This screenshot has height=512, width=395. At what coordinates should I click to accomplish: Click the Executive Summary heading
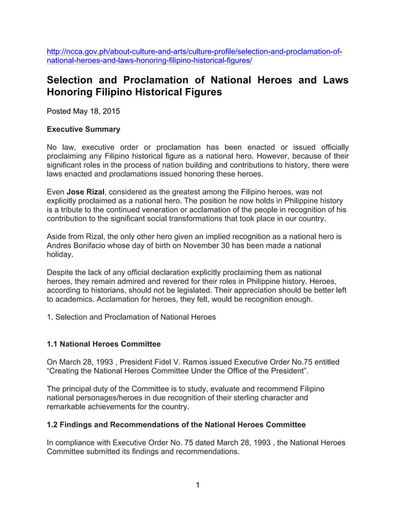[x=84, y=130]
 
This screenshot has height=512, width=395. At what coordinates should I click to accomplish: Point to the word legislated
[x=210, y=289]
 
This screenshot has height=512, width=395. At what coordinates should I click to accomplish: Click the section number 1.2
[x=54, y=425]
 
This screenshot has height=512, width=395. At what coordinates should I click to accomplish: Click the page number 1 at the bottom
[x=197, y=485]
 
